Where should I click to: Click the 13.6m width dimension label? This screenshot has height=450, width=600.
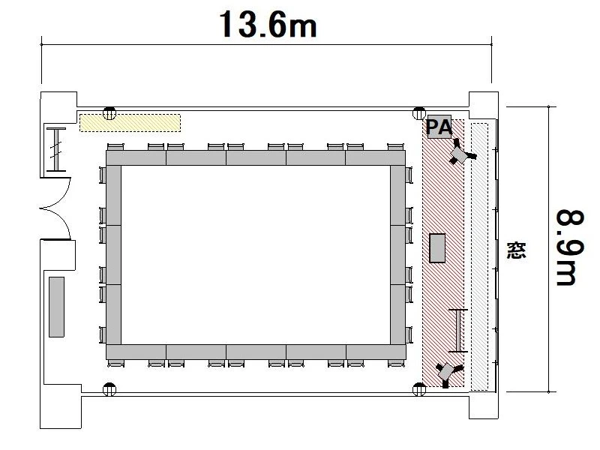[268, 24]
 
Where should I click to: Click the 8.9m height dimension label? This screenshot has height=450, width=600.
[570, 248]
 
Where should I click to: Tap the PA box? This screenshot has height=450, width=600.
[439, 127]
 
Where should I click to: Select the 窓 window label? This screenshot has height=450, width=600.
[516, 250]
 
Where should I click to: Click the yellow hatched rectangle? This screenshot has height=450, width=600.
[130, 123]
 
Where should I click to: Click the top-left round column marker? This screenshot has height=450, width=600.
[109, 113]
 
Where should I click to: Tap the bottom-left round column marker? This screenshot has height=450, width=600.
[109, 389]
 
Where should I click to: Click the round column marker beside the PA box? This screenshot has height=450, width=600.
[419, 113]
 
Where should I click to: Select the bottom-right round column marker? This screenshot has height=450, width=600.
[419, 389]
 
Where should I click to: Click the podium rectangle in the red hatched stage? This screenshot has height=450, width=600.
[437, 248]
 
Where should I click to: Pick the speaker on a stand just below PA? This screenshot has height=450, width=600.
[460, 153]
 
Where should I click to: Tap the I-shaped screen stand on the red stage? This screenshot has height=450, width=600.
[458, 330]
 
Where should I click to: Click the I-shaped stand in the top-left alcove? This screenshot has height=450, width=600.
[56, 149]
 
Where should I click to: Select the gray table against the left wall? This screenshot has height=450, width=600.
[57, 307]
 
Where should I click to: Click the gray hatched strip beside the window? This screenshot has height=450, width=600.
[480, 256]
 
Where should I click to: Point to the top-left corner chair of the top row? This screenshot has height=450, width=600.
[115, 147]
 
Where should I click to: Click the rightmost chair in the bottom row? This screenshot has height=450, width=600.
[396, 364]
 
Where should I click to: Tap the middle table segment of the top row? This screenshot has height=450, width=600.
[256, 157]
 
